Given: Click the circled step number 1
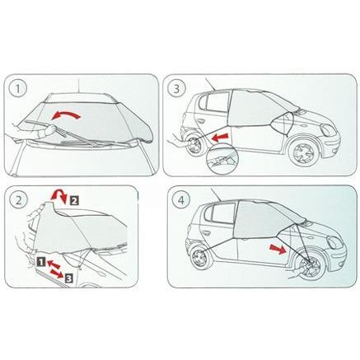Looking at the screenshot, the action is click(x=17, y=89).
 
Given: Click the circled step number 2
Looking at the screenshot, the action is click(x=19, y=200).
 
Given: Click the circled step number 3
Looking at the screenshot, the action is click(x=176, y=89).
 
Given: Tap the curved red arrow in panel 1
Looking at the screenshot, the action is click(x=66, y=114).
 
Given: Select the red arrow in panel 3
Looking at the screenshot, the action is click(x=221, y=138).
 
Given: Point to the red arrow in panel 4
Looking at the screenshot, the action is click(x=278, y=250).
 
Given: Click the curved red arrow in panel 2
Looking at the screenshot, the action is click(x=59, y=195).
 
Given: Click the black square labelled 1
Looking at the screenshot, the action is click(x=41, y=262).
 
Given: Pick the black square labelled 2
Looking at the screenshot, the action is click(x=74, y=201).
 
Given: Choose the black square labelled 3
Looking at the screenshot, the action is click(x=69, y=279).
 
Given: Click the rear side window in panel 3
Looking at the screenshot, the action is click(x=217, y=102).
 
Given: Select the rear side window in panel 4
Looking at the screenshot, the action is click(x=222, y=213).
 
